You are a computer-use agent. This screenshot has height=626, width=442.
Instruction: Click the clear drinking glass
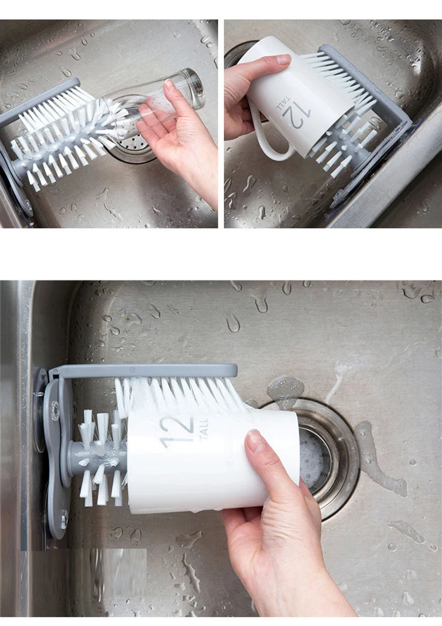coord(166,100)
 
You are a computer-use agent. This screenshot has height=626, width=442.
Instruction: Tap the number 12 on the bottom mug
coord(177,431)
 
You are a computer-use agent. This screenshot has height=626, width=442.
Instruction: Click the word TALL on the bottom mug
coord(203,429)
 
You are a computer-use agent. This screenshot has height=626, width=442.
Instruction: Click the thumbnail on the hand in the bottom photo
coord(256,442)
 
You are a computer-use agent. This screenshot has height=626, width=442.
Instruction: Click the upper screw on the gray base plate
coord(55,410)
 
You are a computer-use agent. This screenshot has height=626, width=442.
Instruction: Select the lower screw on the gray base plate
coord(64,518)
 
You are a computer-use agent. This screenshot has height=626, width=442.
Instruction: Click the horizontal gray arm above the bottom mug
coord(144,371)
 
